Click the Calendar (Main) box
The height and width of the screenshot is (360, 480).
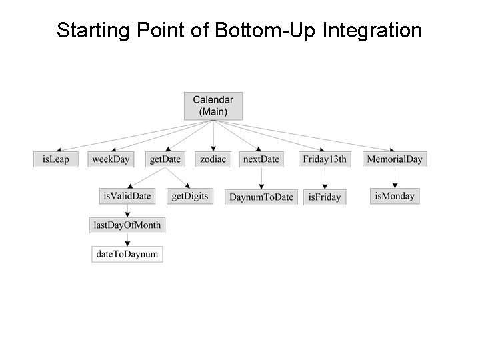click(213, 106)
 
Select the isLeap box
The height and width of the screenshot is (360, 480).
click(55, 159)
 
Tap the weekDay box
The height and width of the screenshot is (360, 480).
click(111, 159)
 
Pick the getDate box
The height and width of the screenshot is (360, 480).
click(165, 159)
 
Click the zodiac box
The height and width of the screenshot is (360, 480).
click(213, 159)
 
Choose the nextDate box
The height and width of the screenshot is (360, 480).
click(261, 159)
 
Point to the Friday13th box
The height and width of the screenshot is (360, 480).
click(325, 159)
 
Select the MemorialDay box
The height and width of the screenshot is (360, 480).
click(395, 159)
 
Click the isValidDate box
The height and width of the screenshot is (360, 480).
click(127, 196)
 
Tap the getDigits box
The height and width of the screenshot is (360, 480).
click(190, 196)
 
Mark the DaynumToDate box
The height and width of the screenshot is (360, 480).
click(261, 197)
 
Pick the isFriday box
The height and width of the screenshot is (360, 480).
click(325, 197)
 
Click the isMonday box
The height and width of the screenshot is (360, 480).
click(395, 196)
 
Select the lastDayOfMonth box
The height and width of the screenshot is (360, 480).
click(127, 225)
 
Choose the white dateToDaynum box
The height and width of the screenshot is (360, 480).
click(127, 254)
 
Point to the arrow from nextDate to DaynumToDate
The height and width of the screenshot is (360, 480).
click(261, 178)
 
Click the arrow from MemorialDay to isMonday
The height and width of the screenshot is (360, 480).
click(395, 177)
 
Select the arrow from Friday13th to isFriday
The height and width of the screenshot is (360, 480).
click(325, 178)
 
